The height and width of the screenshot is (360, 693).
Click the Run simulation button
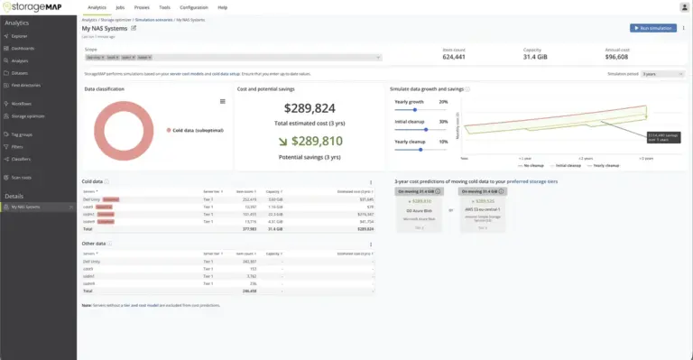[x=653, y=28]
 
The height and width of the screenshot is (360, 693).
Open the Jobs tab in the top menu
[x=121, y=7]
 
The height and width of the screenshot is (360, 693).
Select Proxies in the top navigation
[x=142, y=7]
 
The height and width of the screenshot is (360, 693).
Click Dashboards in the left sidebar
[x=24, y=47]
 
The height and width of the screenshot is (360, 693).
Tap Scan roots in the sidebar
[x=23, y=177]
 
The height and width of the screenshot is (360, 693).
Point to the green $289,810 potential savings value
[x=311, y=141]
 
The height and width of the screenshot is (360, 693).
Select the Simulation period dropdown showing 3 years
[x=658, y=73]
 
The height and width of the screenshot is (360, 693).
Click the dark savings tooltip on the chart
[x=662, y=137]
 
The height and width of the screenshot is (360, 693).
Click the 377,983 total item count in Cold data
[x=246, y=229]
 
